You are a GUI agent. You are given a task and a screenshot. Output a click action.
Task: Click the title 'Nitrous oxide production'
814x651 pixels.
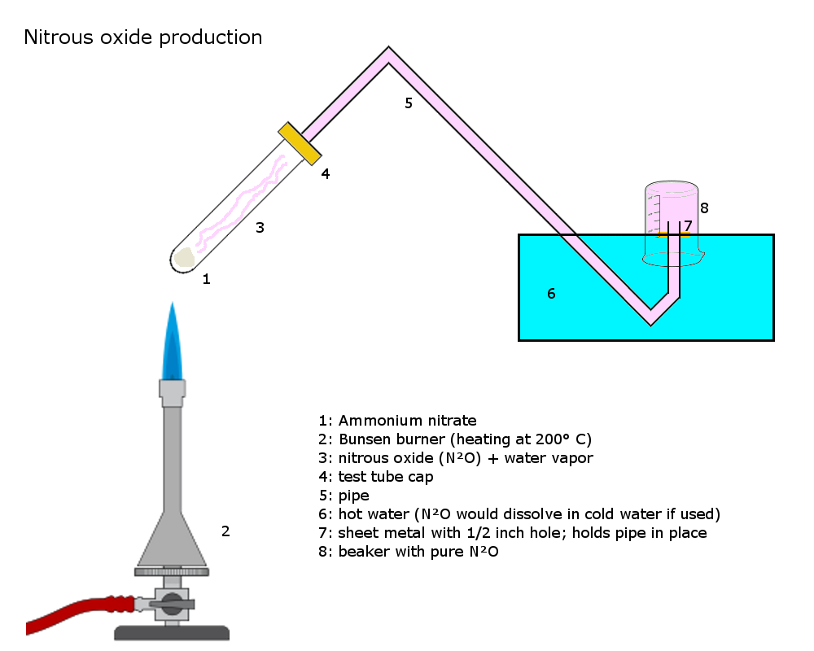tap(143, 37)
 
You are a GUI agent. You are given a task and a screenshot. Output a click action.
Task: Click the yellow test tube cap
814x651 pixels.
tap(299, 143)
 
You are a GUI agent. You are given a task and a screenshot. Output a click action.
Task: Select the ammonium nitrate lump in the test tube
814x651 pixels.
tap(185, 257)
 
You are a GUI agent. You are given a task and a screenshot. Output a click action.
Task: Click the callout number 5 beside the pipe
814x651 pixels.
tap(409, 103)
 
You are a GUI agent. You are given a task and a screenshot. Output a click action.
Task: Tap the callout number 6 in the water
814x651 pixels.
tap(551, 294)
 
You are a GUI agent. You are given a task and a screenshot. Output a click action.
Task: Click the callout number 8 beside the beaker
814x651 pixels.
tap(704, 208)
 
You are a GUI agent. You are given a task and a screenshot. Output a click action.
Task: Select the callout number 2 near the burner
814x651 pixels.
tap(225, 532)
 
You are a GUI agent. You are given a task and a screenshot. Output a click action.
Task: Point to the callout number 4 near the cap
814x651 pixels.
tap(325, 173)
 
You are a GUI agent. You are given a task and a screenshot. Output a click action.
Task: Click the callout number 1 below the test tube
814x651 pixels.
tap(206, 279)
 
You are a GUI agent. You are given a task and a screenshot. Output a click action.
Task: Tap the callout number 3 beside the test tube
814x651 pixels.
tap(260, 228)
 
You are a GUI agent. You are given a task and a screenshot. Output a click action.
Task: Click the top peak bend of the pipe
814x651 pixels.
tap(389, 53)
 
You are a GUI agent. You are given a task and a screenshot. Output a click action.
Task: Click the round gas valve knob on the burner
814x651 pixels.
tap(172, 604)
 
